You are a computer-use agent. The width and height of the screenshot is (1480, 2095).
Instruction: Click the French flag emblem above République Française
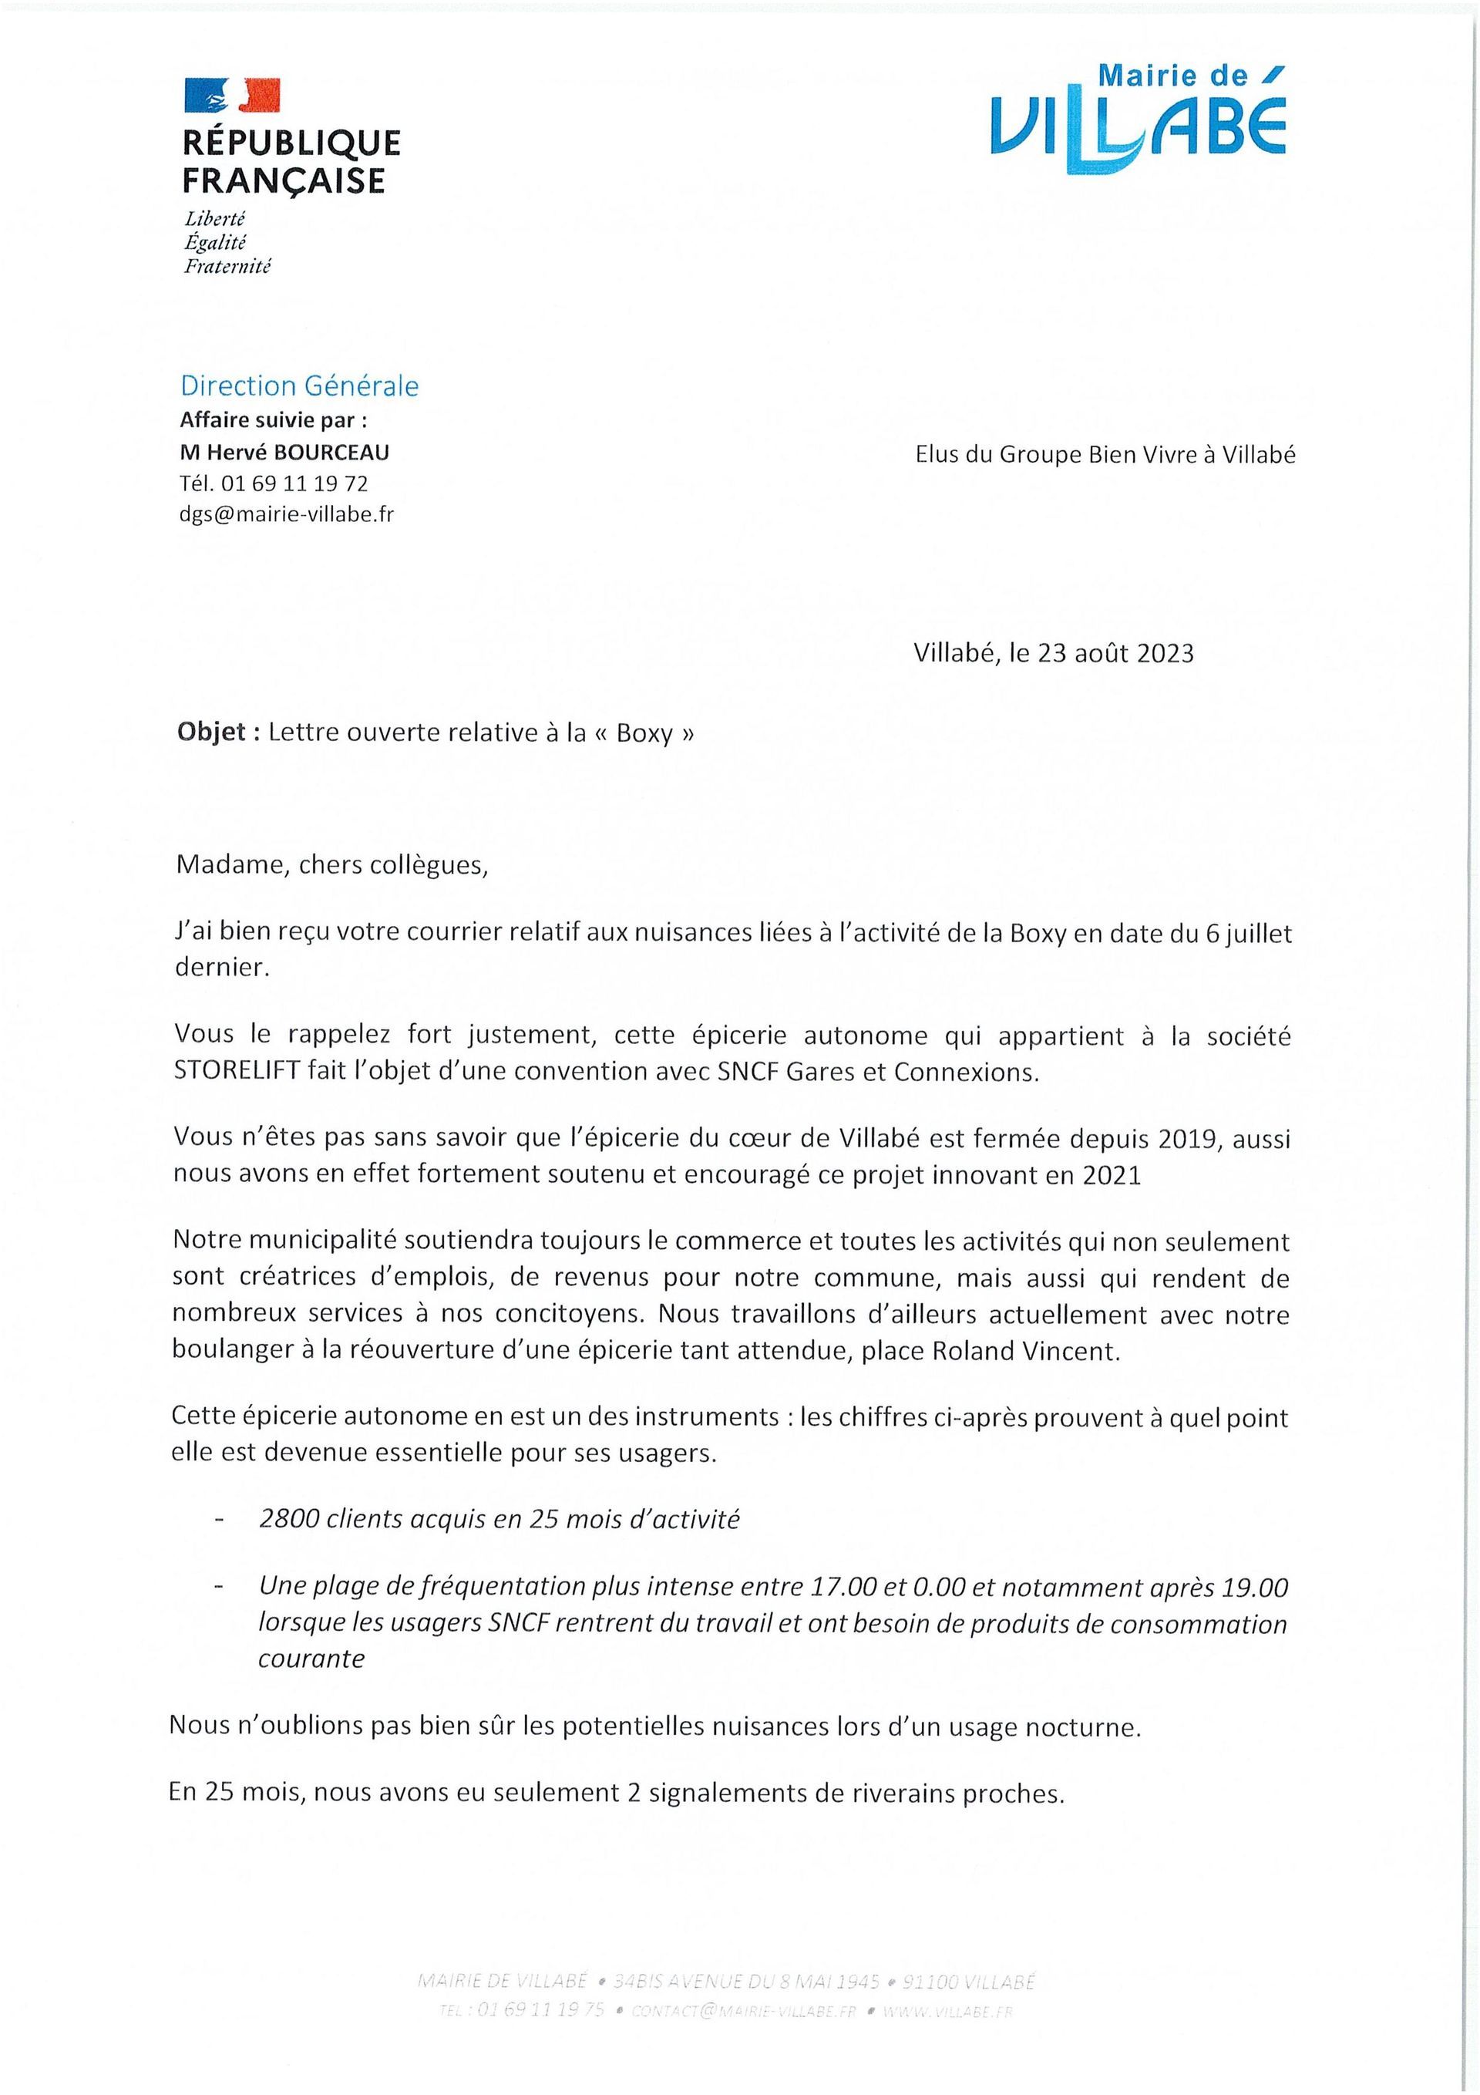[232, 94]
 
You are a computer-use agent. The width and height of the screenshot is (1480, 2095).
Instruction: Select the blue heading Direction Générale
[299, 386]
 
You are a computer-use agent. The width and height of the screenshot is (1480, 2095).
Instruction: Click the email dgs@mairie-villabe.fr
[287, 514]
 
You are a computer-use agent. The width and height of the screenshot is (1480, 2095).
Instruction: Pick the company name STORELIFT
[237, 1071]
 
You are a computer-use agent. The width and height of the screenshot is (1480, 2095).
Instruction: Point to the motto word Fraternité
[228, 267]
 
